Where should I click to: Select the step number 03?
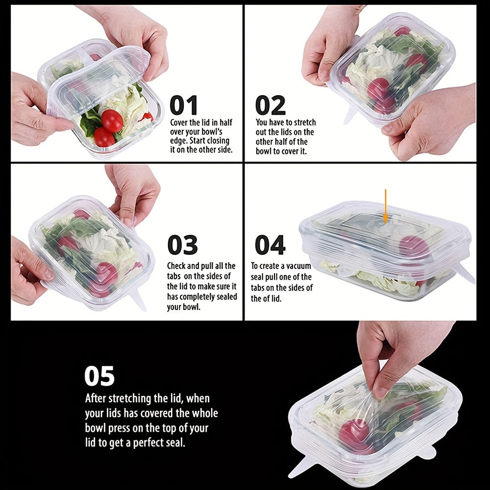(182, 245)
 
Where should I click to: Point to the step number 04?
(270, 245)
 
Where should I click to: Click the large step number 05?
(99, 376)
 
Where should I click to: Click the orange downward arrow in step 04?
(386, 206)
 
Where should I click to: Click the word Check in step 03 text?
(178, 266)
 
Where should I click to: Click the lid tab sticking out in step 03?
(138, 300)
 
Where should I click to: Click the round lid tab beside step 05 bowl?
(427, 451)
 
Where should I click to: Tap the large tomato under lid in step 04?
(414, 247)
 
